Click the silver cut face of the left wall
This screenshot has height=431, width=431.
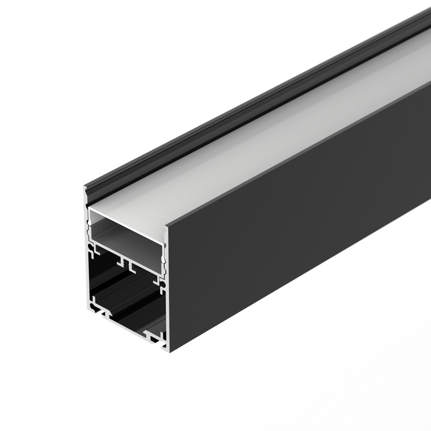pyautogui.click(x=86, y=259)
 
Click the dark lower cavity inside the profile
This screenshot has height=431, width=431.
pyautogui.click(x=129, y=297)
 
